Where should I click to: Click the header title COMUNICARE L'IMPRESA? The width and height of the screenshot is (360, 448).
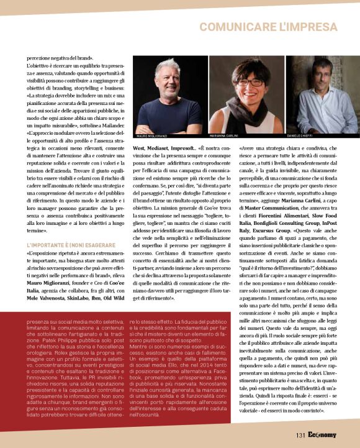coord(276,28)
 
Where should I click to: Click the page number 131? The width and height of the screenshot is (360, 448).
coord(301,436)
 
